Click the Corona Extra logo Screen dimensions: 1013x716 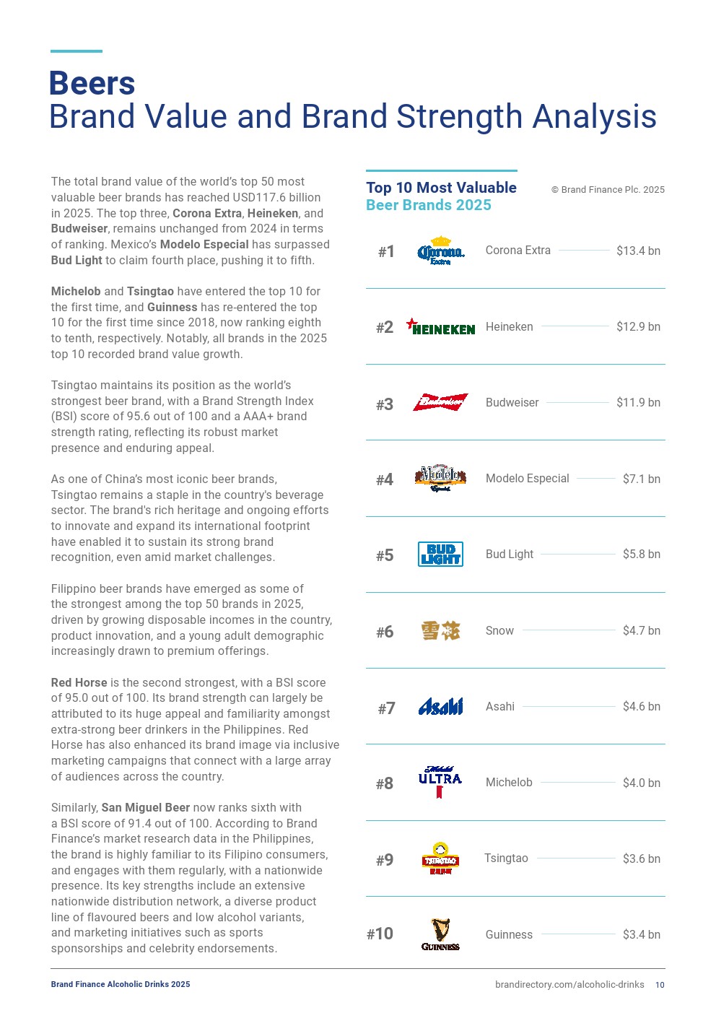(x=440, y=251)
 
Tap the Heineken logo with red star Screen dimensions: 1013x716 (x=440, y=327)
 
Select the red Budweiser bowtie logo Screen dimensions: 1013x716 (x=440, y=402)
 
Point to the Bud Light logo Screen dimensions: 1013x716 (x=440, y=554)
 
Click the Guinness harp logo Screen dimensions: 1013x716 (x=440, y=934)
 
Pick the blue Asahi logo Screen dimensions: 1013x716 (x=440, y=706)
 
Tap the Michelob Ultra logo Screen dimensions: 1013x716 (x=440, y=782)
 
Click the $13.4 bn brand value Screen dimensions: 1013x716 (x=638, y=251)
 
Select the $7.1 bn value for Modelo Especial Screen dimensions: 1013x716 (x=641, y=479)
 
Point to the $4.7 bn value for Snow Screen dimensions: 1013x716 (x=641, y=630)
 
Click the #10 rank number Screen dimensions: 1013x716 (x=380, y=934)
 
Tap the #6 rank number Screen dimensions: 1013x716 (x=385, y=632)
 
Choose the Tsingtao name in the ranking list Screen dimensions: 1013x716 (x=506, y=858)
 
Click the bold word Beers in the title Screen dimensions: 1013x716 (x=92, y=84)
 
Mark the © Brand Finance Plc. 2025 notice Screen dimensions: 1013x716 (x=608, y=190)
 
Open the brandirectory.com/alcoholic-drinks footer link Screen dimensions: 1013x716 (x=569, y=985)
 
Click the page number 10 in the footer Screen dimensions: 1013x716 (x=660, y=985)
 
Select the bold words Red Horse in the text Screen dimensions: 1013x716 (x=79, y=682)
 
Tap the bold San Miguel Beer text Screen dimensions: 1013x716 (x=145, y=807)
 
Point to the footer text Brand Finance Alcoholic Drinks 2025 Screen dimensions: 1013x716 (x=121, y=984)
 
